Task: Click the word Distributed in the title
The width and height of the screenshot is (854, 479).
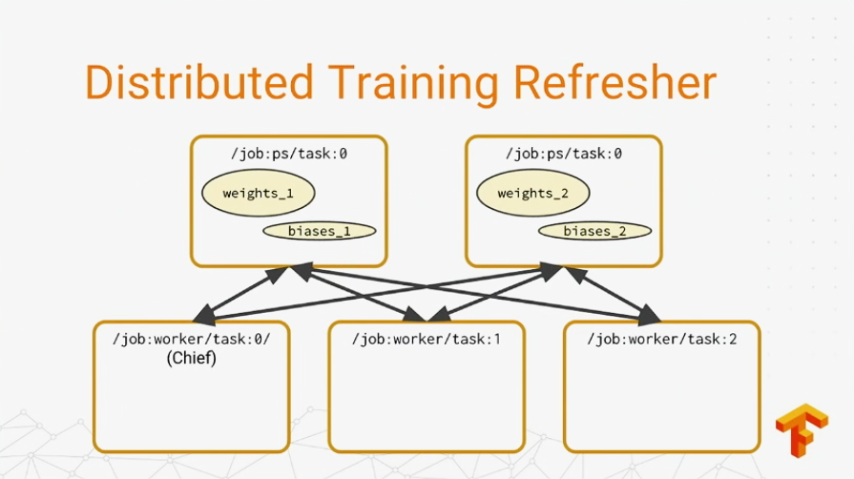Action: pos(199,82)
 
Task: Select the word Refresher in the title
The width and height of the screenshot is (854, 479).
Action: pos(614,82)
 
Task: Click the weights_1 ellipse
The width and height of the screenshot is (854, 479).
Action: pos(259,193)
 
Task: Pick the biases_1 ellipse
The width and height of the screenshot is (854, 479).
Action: pos(319,231)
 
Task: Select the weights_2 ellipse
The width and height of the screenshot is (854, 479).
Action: pos(533,193)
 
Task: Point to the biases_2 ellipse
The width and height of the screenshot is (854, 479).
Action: pos(594,231)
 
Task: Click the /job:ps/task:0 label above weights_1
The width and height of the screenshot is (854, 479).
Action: pos(289,154)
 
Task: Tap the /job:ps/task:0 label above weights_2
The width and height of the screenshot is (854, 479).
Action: pos(564,154)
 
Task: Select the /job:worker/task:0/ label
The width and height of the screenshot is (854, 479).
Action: pos(191,339)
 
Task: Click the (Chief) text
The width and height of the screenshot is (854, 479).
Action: pos(191,358)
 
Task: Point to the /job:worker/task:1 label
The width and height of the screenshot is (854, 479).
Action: pos(426,339)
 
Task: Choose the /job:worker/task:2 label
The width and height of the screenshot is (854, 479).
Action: pos(662,339)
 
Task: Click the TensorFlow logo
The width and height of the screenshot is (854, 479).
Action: pos(802,430)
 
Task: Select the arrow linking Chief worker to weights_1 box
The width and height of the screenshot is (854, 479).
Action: pos(240,294)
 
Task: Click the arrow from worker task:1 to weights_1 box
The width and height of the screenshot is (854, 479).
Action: pos(358,293)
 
